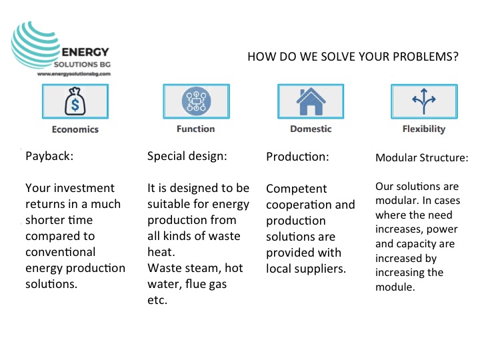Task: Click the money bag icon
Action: pyautogui.click(x=75, y=101)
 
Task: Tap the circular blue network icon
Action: pyautogui.click(x=196, y=101)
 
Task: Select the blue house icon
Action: pyautogui.click(x=311, y=101)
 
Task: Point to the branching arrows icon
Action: pyautogui.click(x=424, y=101)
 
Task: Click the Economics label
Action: pyautogui.click(x=75, y=129)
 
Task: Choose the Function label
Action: pyautogui.click(x=196, y=129)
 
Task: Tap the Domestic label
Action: pyautogui.click(x=311, y=129)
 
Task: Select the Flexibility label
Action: pyautogui.click(x=424, y=129)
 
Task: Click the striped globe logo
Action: pyautogui.click(x=34, y=45)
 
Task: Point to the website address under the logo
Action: pyautogui.click(x=74, y=74)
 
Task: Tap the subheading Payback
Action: pyautogui.click(x=49, y=156)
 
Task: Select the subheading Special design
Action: pyautogui.click(x=187, y=156)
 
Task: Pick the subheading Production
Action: pyautogui.click(x=297, y=157)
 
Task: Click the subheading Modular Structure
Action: pyautogui.click(x=422, y=157)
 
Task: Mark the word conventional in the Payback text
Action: pyautogui.click(x=61, y=252)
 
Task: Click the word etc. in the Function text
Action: pyautogui.click(x=157, y=300)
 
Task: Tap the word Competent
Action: pyautogui.click(x=296, y=189)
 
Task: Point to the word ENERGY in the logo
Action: pyautogui.click(x=85, y=52)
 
